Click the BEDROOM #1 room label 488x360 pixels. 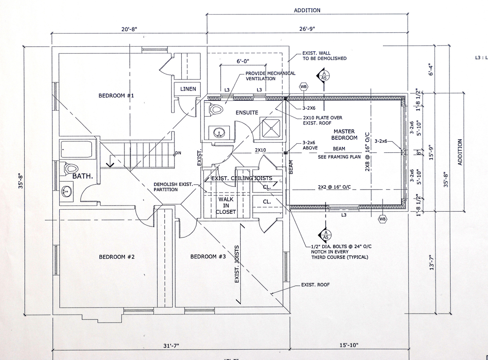(x=116, y=96)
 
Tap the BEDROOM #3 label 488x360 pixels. (x=208, y=257)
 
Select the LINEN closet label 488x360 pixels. (x=188, y=89)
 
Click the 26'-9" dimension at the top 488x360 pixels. (x=307, y=29)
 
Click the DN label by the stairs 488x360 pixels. (x=178, y=153)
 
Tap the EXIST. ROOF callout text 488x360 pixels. (x=315, y=285)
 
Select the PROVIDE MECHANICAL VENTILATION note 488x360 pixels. (x=270, y=76)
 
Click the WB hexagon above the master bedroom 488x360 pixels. (x=303, y=86)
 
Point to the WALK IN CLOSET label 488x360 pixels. (x=226, y=205)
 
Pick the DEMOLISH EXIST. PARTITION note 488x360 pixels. (x=173, y=187)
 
